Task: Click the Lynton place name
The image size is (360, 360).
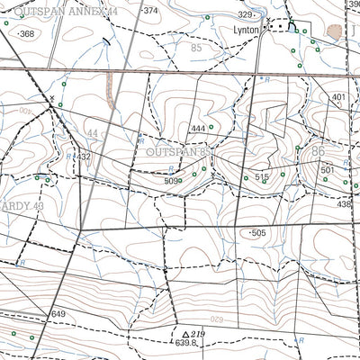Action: click(x=246, y=30)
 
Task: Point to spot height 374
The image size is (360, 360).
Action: click(x=149, y=11)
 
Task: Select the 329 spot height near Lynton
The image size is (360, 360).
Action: click(x=246, y=15)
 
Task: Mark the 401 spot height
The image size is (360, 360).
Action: click(x=338, y=97)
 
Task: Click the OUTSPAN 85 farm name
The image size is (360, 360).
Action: click(x=176, y=153)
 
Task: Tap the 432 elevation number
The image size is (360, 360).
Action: click(x=84, y=157)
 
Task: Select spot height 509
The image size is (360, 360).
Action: click(x=170, y=181)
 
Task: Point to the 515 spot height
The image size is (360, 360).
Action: click(x=262, y=178)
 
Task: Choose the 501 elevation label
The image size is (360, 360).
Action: click(x=328, y=170)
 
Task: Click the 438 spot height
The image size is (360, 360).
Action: click(x=344, y=204)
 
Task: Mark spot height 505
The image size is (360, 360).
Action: click(x=259, y=232)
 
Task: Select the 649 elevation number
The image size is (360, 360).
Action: click(x=58, y=313)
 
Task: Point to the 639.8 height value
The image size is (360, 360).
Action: click(x=185, y=343)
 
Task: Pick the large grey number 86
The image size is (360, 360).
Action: click(x=318, y=153)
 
